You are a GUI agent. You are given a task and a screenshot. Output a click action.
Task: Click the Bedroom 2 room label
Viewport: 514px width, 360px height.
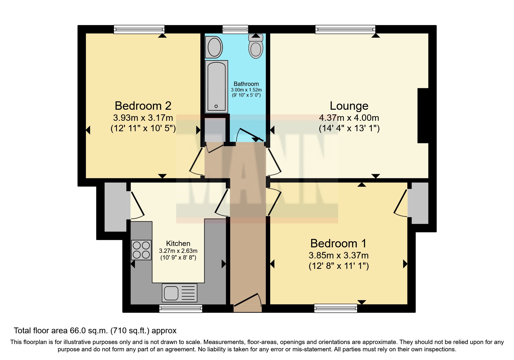(143, 106)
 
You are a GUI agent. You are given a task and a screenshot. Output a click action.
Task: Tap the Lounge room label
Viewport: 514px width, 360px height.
(349, 106)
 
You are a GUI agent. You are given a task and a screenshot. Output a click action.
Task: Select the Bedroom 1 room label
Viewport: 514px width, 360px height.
(338, 243)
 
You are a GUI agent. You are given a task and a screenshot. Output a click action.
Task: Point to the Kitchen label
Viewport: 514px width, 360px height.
(178, 243)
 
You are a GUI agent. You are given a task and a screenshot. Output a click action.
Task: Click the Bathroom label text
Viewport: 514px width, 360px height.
(246, 84)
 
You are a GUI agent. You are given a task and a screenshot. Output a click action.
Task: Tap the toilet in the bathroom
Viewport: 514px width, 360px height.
(256, 46)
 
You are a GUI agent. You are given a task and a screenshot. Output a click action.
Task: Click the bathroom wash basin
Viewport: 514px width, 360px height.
(214, 47)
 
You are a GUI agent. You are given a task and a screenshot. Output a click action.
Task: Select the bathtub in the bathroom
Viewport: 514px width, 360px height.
(216, 87)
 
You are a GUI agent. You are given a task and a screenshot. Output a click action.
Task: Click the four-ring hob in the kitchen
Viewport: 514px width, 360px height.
(141, 250)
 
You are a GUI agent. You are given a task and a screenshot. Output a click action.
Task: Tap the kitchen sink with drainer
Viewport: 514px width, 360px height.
(179, 293)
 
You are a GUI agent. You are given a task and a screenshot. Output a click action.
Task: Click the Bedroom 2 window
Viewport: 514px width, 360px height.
(139, 29)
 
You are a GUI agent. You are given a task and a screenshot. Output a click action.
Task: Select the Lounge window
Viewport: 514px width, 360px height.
(345, 29)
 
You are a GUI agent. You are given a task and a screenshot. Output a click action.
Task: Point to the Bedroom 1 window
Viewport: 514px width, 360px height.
(336, 308)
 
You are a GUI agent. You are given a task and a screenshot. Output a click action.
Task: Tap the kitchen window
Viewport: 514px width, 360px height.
(181, 308)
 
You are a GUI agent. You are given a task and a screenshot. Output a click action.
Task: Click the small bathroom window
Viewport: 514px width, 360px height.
(235, 29)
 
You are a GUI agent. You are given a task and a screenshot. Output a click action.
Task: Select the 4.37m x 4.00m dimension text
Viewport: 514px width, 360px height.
(349, 118)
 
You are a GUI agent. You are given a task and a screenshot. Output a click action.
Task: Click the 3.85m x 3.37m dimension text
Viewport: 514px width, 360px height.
(339, 255)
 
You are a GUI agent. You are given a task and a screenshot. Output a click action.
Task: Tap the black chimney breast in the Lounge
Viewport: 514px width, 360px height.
(423, 116)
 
